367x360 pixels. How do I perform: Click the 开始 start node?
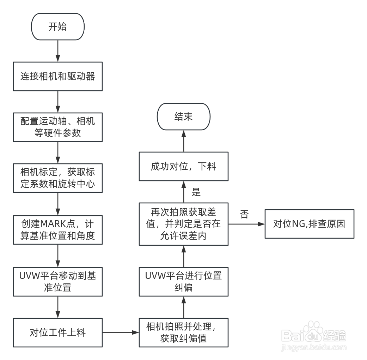(x=58, y=27)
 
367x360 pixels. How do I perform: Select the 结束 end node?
(x=183, y=116)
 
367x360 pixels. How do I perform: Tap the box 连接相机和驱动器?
(x=58, y=76)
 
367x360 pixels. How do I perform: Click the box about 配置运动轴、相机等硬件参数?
(x=58, y=127)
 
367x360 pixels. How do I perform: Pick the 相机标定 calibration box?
(x=58, y=178)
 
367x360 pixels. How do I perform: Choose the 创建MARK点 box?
(x=58, y=229)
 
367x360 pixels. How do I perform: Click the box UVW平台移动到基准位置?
(x=58, y=282)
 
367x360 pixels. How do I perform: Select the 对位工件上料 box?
(x=58, y=332)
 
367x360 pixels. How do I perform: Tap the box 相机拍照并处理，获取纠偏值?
(x=183, y=332)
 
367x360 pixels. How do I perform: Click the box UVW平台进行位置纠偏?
(x=183, y=282)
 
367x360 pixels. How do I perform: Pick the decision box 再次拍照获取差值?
(x=183, y=224)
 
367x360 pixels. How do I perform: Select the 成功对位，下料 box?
(x=183, y=166)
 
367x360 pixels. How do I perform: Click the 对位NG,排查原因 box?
(x=309, y=224)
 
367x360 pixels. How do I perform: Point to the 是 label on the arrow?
(x=196, y=192)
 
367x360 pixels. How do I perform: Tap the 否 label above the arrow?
(x=244, y=214)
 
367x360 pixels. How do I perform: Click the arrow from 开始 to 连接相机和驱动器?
(x=58, y=51)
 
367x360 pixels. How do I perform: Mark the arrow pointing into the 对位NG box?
(x=246, y=224)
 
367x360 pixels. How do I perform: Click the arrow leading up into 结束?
(x=183, y=141)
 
